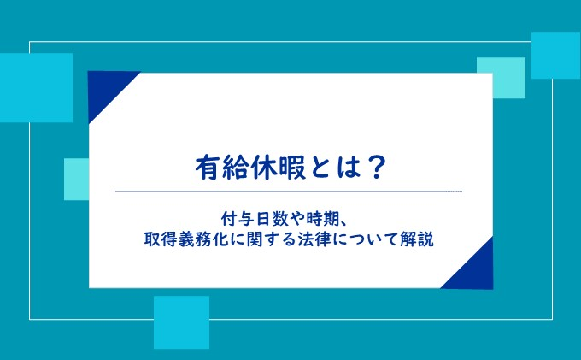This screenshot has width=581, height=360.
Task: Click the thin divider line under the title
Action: point(289,192)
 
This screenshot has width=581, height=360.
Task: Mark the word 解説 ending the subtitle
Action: point(417,239)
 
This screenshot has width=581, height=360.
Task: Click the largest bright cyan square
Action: point(36,87)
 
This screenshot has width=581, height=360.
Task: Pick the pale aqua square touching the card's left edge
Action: point(76,179)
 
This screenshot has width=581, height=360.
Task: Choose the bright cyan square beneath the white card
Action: point(181,322)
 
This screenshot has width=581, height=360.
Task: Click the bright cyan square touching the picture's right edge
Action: point(556,56)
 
